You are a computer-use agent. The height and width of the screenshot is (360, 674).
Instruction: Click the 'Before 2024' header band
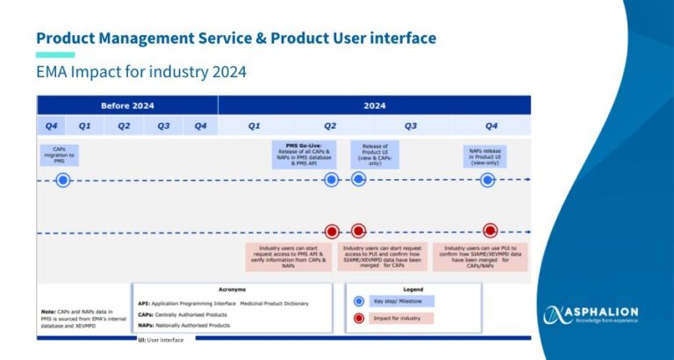pos(127,105)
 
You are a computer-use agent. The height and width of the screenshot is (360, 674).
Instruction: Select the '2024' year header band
pos(375,105)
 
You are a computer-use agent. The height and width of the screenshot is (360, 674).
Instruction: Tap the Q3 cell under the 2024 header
pos(411,126)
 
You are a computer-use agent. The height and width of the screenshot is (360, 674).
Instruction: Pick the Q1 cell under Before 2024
pos(85,126)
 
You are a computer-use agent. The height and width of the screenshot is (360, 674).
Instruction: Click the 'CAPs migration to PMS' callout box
pos(60,155)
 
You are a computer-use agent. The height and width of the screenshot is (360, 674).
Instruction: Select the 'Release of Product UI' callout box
pos(375,154)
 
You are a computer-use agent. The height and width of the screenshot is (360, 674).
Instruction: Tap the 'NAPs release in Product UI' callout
pos(488,155)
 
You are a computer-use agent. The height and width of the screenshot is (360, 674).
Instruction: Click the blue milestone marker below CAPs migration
pos(62,180)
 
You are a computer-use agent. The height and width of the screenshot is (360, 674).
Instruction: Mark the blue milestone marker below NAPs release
pos(488,180)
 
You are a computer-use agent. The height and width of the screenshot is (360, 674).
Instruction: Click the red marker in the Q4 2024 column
pos(490,231)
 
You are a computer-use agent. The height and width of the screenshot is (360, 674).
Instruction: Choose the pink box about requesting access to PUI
pos(383,256)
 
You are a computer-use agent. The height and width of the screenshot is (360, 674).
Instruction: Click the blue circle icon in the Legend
pos(358,300)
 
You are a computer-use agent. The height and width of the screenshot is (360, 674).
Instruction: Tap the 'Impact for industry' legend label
pos(405,318)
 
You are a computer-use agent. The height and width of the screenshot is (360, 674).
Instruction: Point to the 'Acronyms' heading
pos(232,289)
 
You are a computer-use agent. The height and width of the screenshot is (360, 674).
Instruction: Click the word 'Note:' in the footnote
pos(49,311)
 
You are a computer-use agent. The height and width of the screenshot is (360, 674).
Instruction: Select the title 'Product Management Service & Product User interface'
pos(235,38)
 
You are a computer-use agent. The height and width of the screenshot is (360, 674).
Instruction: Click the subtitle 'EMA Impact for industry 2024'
pos(140,71)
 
